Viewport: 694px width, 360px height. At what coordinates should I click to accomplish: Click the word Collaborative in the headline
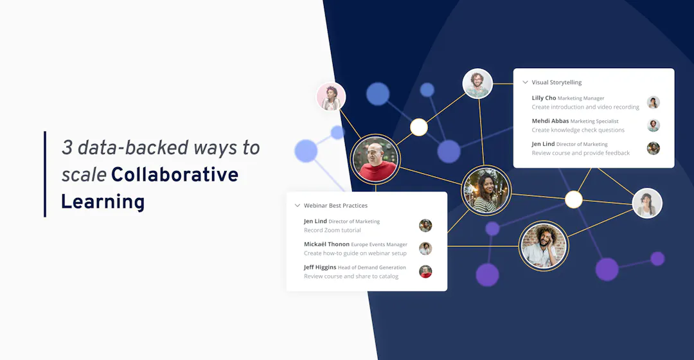pos(174,174)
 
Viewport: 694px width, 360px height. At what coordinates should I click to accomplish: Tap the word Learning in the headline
pos(103,202)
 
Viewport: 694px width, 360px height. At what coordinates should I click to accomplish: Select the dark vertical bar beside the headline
pos(45,174)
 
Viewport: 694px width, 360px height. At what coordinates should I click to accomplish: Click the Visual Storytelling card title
pos(556,82)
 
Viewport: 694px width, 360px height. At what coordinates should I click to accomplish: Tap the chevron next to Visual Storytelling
pos(525,82)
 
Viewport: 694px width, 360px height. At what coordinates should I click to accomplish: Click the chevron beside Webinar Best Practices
pos(297,206)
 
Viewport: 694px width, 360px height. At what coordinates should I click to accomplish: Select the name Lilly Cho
pos(544,98)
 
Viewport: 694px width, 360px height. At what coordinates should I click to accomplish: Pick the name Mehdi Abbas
pos(550,121)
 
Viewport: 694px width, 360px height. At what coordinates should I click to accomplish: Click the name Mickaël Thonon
pos(326,244)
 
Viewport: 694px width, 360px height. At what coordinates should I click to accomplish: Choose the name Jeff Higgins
pos(319,267)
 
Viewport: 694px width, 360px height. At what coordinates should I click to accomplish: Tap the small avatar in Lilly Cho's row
pos(654,102)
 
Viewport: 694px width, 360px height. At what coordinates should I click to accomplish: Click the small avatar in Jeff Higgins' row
pos(425,271)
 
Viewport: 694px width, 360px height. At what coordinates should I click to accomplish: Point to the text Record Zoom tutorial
pos(332,230)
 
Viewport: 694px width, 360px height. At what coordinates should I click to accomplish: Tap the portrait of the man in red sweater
pos(375,159)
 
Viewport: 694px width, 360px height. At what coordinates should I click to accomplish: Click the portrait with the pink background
pos(331,97)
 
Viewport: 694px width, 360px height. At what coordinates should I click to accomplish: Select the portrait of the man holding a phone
pos(544,245)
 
